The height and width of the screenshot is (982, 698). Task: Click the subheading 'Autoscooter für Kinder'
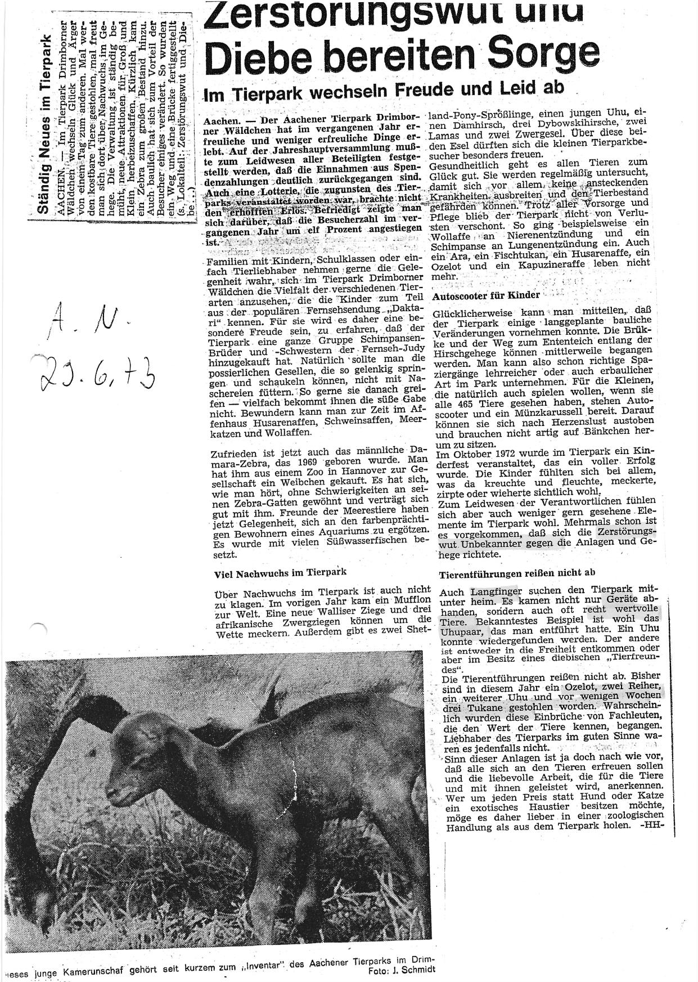487,295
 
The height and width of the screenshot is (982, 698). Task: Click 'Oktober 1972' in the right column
478,452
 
